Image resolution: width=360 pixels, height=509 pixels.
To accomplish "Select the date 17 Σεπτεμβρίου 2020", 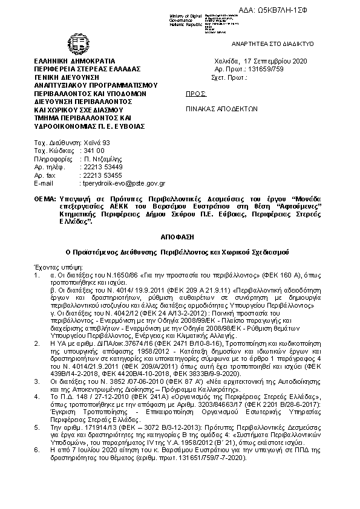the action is pyautogui.click(x=276, y=62).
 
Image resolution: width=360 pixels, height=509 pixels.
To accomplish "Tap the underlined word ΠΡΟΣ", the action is pyautogui.click(x=195, y=94).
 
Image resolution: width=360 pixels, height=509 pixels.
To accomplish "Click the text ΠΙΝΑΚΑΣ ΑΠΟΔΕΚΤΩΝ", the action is pyautogui.click(x=221, y=110).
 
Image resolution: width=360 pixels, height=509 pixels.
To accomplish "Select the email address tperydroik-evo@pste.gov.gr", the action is pyautogui.click(x=123, y=183).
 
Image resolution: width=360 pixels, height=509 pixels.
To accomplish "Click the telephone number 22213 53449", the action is pyautogui.click(x=102, y=167).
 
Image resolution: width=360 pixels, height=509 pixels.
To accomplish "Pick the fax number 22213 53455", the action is pyautogui.click(x=102, y=175).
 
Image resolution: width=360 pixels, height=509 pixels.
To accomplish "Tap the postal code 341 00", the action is pyautogui.click(x=93, y=151).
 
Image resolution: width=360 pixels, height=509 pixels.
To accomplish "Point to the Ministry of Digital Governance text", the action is pyautogui.click(x=185, y=19).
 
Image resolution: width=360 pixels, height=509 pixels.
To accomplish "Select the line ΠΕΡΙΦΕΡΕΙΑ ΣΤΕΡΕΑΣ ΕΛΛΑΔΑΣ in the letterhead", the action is pyautogui.click(x=87, y=70).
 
